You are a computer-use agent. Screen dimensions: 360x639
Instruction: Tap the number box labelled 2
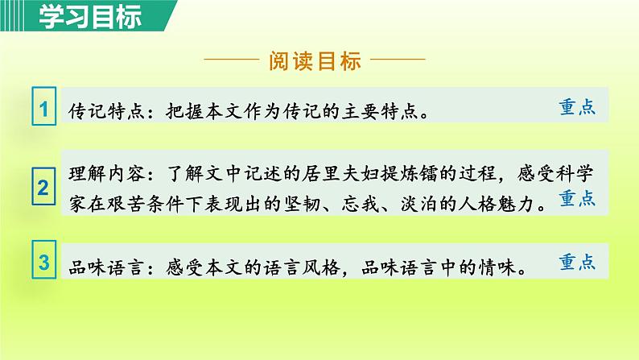(x=44, y=189)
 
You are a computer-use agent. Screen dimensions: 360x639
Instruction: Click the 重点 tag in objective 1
(x=576, y=108)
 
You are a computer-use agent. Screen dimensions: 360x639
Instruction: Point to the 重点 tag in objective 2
(x=576, y=198)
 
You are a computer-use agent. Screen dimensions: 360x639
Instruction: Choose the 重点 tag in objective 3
(x=576, y=263)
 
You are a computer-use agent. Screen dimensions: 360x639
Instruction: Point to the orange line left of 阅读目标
(x=233, y=60)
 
